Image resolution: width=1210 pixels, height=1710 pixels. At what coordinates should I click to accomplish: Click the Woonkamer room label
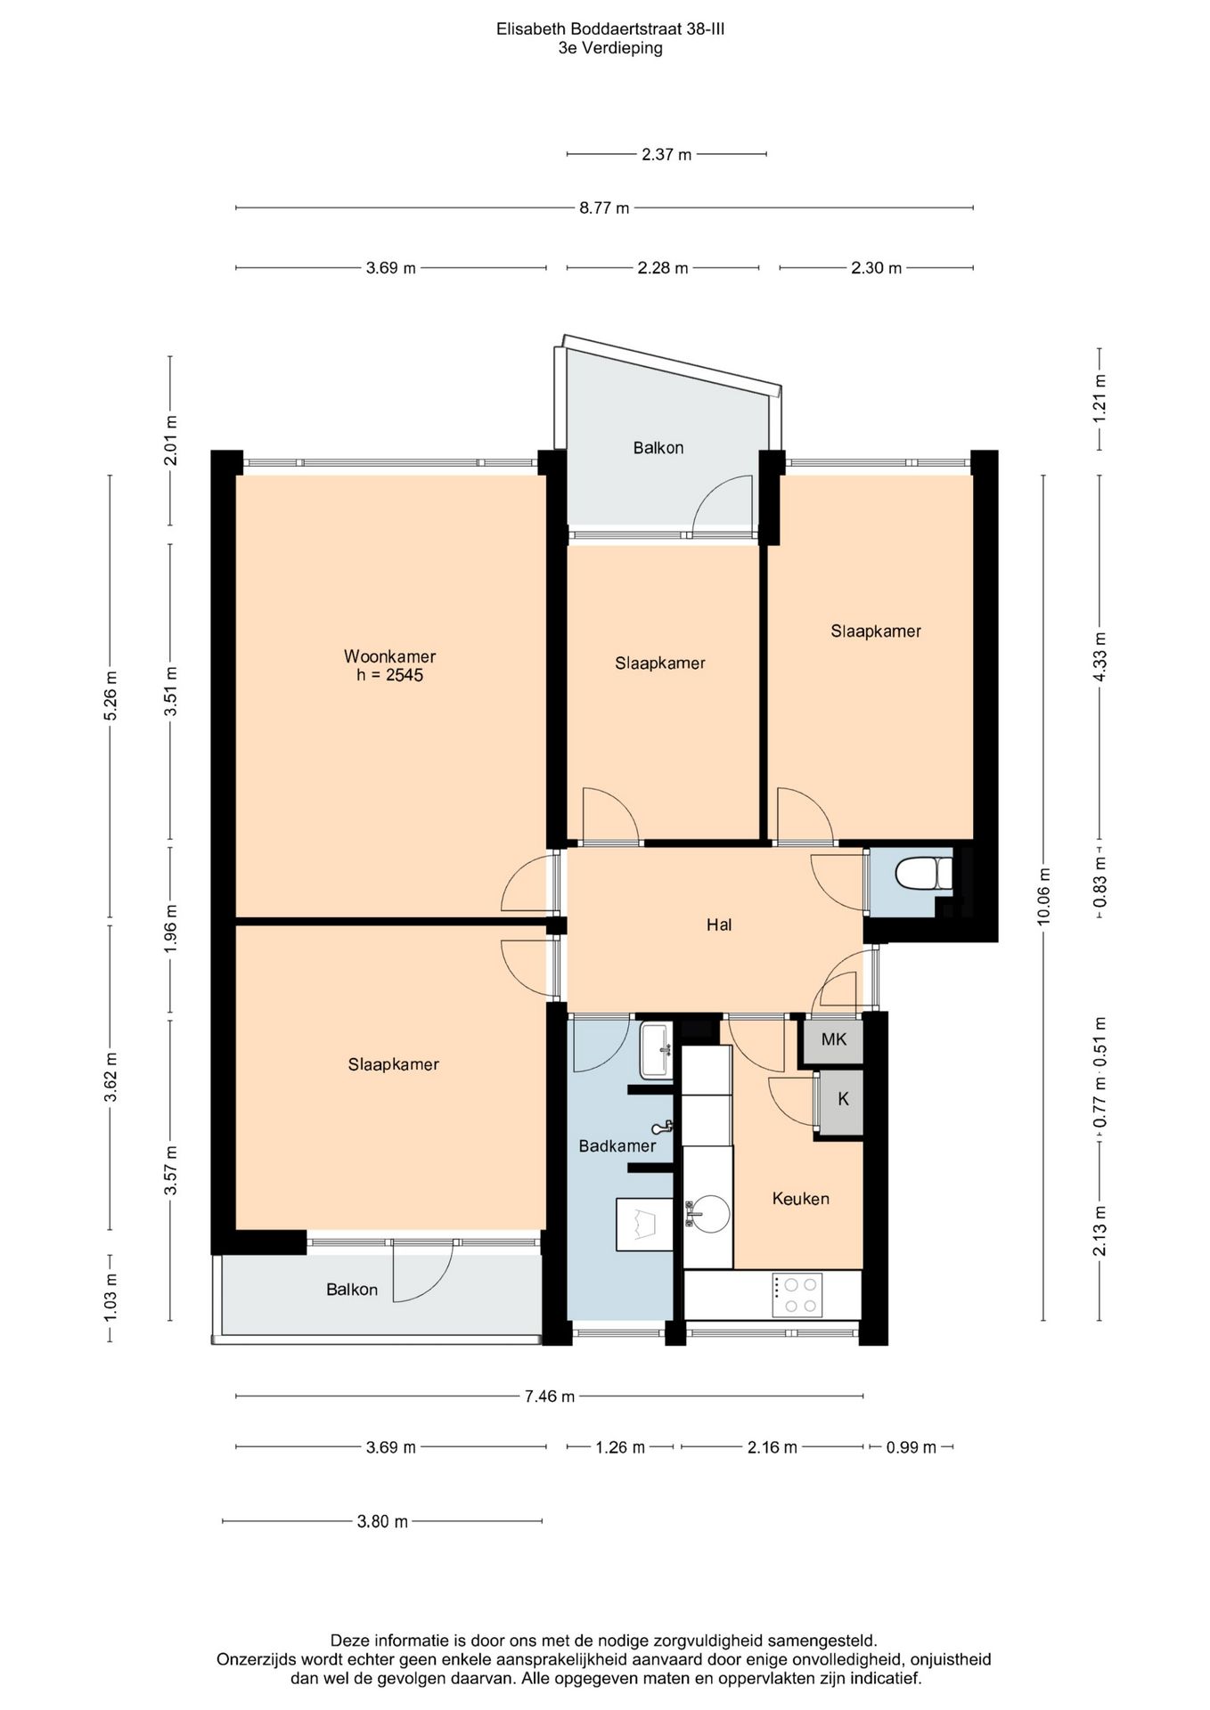389,656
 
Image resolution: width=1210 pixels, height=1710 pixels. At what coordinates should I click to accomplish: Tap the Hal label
719,924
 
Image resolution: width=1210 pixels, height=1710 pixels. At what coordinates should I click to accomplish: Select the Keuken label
800,1199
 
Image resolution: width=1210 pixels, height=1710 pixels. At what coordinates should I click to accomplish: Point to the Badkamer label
617,1145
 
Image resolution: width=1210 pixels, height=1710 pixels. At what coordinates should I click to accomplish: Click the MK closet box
833,1040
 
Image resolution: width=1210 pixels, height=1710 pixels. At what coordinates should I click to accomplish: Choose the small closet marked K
842,1100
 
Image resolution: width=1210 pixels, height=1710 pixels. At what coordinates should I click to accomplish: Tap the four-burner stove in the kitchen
796,1295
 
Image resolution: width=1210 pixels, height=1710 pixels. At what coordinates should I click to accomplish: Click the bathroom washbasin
657,1051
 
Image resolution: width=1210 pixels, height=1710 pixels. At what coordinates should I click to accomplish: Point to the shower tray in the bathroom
644,1225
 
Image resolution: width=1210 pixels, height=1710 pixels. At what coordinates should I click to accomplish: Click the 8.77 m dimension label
604,208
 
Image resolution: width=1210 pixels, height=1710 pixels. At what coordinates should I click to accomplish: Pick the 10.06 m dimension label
1044,897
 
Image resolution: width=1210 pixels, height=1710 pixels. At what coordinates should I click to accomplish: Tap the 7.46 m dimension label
549,1396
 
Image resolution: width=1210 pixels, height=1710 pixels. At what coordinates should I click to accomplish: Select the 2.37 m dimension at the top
666,155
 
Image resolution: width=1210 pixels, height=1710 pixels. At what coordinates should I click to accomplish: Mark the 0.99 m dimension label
911,1447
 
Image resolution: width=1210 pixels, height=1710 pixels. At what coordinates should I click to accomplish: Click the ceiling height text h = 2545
389,675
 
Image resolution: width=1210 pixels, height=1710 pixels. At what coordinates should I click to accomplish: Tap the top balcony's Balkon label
658,448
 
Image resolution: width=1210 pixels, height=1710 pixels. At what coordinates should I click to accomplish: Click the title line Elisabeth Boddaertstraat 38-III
610,29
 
